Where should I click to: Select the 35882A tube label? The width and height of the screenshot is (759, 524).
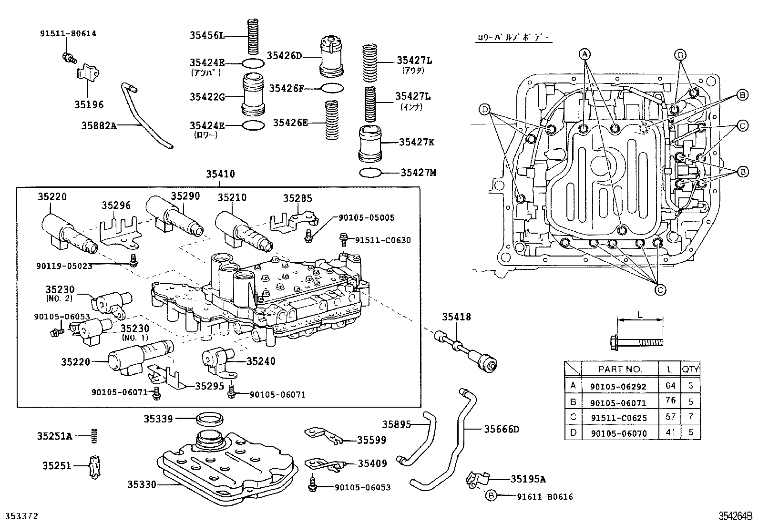(99, 126)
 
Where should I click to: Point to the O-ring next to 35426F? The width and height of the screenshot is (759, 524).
(332, 88)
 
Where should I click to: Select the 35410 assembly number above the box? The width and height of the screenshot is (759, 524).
(220, 175)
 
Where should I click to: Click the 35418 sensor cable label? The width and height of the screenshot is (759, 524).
(456, 317)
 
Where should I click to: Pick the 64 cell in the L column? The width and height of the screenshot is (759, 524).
(670, 385)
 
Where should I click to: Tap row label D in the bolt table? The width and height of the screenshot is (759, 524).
(573, 432)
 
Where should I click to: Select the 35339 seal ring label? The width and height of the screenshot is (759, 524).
(158, 419)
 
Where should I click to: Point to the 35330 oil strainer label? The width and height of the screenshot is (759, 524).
(142, 484)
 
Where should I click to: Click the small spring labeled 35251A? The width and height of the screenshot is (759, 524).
(95, 435)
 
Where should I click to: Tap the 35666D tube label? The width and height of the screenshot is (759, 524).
(501, 429)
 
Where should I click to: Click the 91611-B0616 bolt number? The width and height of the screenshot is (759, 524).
(544, 497)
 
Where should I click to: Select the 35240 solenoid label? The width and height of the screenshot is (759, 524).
(261, 361)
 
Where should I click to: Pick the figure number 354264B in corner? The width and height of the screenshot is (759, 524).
(735, 516)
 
